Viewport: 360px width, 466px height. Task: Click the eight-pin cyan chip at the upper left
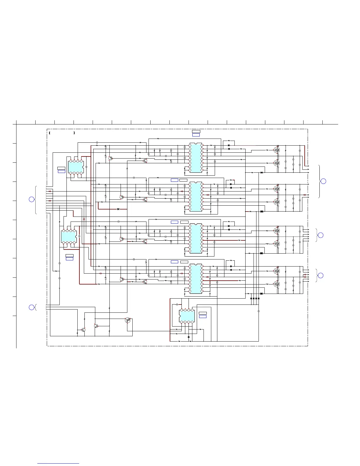coord(76,167)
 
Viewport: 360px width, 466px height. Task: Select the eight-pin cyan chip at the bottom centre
coord(187,316)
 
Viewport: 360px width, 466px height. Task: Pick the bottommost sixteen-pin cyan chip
coord(196,278)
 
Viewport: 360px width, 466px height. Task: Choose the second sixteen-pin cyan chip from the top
coord(196,197)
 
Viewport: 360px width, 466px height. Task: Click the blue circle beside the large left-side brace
coord(31,199)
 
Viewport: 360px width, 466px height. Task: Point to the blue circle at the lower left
coord(31,307)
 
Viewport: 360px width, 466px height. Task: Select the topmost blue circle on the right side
coord(323,181)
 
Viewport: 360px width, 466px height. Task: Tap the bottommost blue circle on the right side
coord(321,275)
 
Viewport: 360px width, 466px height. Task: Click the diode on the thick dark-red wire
coord(118,209)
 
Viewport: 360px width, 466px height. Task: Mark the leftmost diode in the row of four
coord(251,298)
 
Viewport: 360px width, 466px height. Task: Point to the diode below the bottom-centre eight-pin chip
coord(189,337)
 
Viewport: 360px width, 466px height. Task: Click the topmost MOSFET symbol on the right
coord(276,150)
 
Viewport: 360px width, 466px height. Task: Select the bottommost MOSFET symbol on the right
coord(276,284)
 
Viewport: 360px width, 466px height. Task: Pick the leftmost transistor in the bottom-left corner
coord(84,330)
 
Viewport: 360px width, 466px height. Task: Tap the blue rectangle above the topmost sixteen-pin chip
coord(196,135)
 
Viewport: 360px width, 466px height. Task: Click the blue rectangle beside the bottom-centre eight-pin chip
coord(203,317)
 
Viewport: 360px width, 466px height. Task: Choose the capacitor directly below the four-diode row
coord(259,311)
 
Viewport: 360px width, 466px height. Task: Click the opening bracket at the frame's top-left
coord(50,133)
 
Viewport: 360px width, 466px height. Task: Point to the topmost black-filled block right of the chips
coord(261,173)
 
